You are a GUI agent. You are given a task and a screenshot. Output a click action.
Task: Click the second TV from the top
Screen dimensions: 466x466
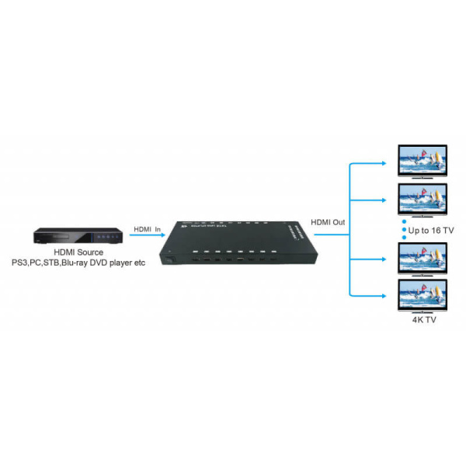tap(422, 200)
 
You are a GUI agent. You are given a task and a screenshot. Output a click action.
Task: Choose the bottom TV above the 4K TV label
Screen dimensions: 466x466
tap(422, 295)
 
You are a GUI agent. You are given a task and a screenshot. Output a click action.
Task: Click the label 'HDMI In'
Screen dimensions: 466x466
tap(147, 229)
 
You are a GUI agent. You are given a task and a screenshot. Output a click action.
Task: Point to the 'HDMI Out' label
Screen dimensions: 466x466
tap(329, 223)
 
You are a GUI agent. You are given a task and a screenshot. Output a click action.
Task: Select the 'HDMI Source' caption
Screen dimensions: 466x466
tap(78, 253)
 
